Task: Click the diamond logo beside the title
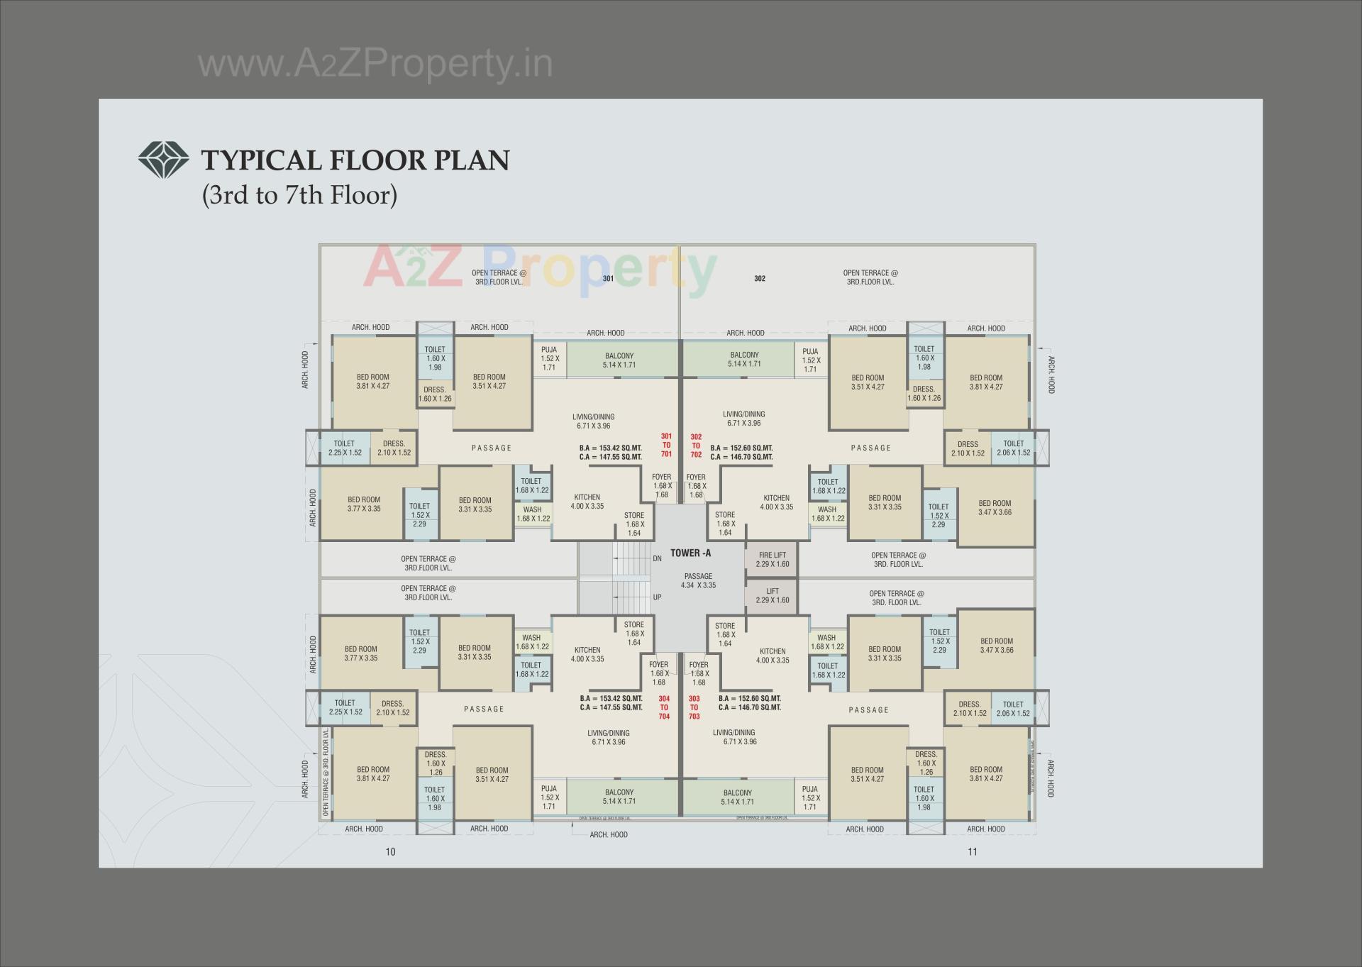[x=163, y=160]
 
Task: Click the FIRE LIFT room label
[x=772, y=560]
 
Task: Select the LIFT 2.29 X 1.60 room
[x=772, y=596]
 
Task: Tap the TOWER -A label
[x=690, y=553]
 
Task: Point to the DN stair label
[x=657, y=559]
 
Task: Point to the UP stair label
[x=657, y=597]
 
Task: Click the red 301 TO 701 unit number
[x=666, y=446]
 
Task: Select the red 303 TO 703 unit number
[x=694, y=707]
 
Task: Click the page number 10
[x=390, y=852]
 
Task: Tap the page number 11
[x=972, y=852]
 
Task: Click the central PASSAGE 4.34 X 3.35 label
[x=698, y=581]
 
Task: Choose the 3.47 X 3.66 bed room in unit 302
[x=995, y=508]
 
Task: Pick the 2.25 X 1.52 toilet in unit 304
[x=345, y=708]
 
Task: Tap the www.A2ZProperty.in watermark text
[x=375, y=64]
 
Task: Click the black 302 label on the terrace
[x=760, y=279]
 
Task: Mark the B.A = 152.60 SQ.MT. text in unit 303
[x=749, y=699]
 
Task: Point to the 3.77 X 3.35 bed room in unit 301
[x=364, y=504]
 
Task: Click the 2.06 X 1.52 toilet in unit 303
[x=1013, y=709]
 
